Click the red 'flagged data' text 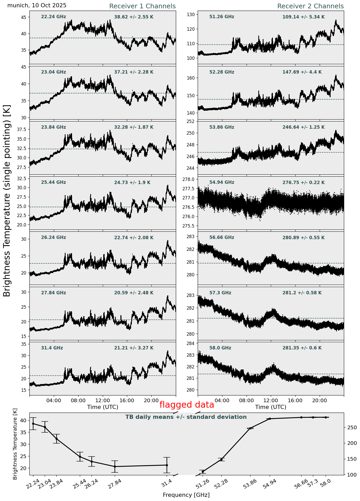[187, 405]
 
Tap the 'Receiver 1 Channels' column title [142, 6]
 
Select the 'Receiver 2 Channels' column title [311, 6]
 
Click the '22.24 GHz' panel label [54, 17]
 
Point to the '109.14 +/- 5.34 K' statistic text [304, 17]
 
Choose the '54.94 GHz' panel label [222, 183]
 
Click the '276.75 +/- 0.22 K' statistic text [304, 183]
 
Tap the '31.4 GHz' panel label [52, 348]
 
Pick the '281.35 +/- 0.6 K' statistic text [302, 348]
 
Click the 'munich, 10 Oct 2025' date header [37, 5]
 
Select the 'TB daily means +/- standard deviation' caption [186, 417]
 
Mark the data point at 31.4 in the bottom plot [167, 465]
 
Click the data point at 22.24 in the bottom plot [33, 424]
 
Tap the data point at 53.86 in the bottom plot [250, 428]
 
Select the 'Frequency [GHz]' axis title [186, 495]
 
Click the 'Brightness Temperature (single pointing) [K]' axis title [7, 200]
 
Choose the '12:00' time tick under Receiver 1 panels [102, 401]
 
